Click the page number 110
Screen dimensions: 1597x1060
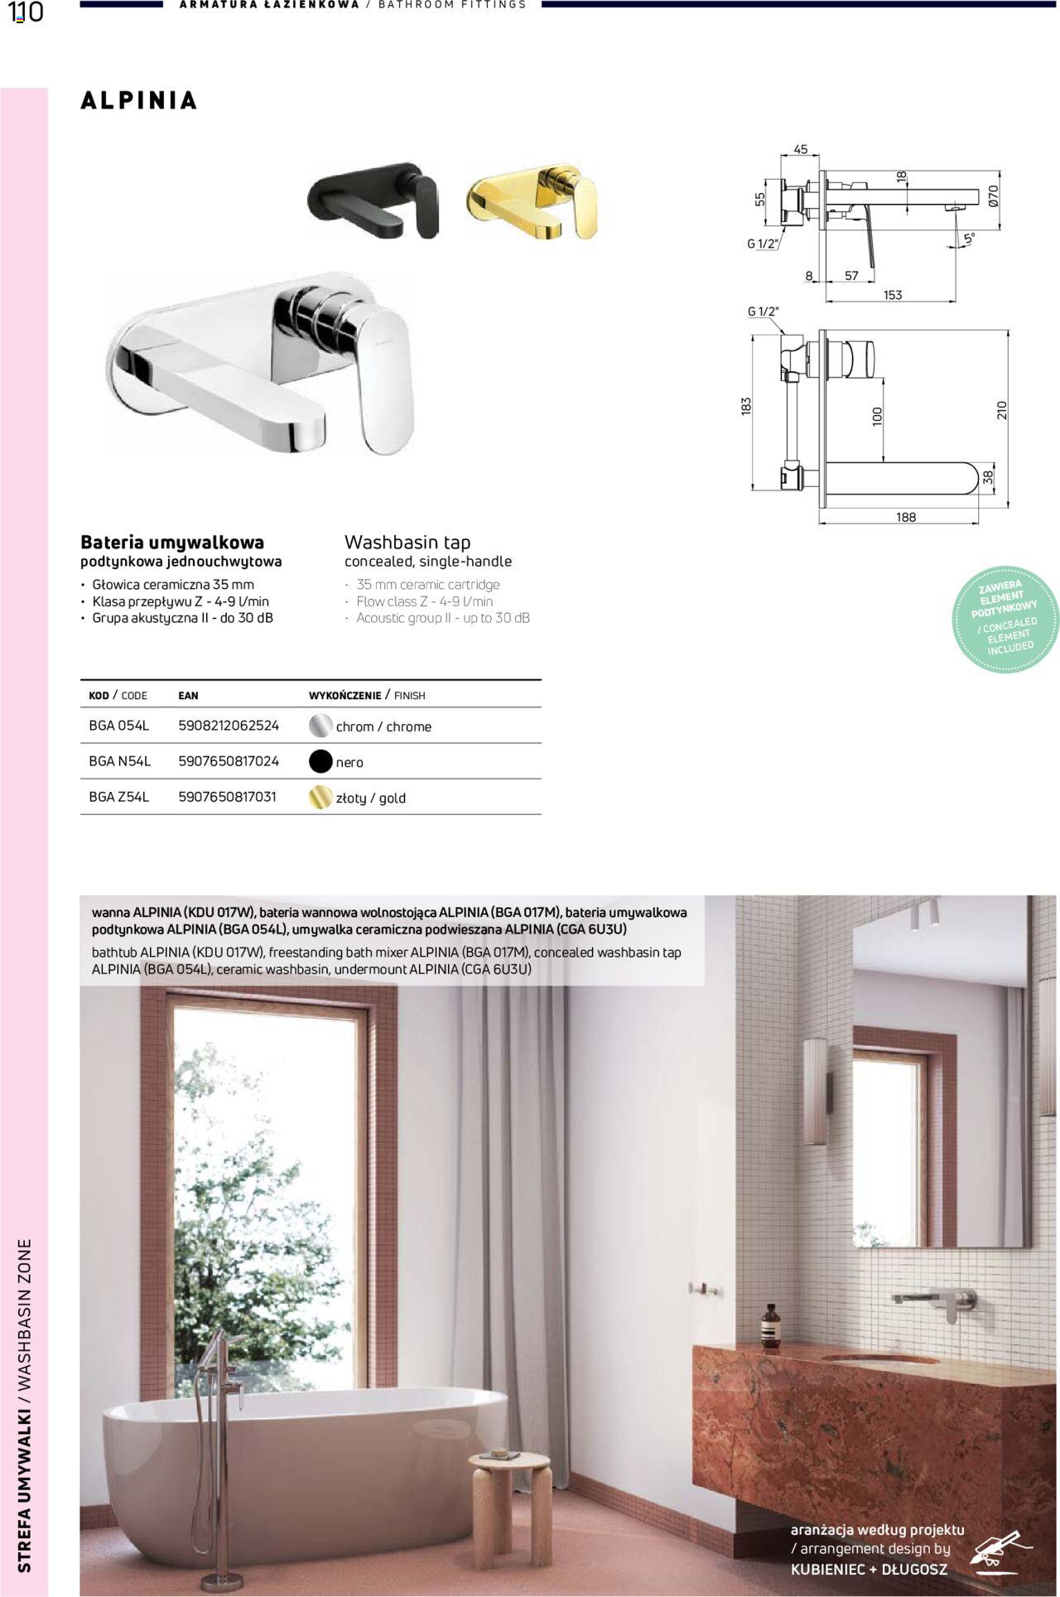(26, 12)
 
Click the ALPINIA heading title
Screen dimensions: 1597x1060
(139, 101)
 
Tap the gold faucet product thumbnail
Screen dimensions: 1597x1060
(532, 201)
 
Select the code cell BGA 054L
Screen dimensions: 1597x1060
(119, 726)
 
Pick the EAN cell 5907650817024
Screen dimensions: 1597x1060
(229, 761)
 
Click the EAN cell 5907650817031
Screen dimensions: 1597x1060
(227, 797)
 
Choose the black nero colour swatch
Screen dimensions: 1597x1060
(320, 761)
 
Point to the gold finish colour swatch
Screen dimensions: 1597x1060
(320, 798)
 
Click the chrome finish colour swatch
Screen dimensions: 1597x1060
(320, 726)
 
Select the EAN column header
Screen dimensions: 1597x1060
(188, 696)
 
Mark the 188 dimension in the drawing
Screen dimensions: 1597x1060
(906, 517)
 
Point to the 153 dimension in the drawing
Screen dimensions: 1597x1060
(893, 295)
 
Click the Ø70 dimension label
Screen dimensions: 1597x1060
(994, 195)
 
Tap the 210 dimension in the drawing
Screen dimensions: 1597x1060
(1002, 410)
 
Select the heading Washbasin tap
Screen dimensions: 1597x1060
(407, 543)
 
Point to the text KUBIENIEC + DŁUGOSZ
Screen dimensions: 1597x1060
(869, 1569)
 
